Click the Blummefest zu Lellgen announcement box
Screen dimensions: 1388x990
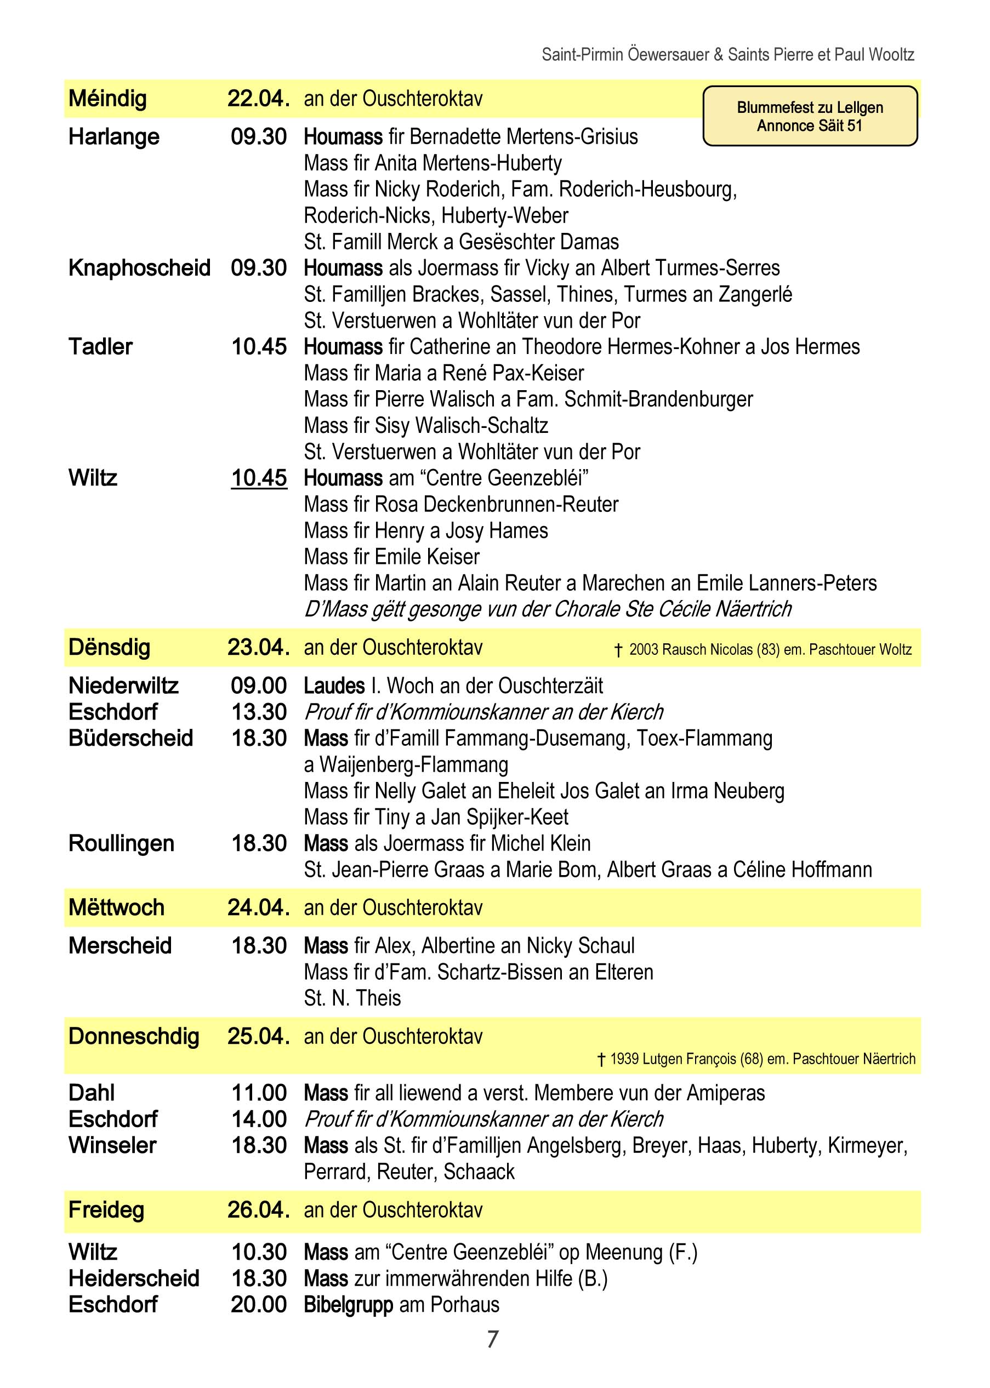(x=810, y=116)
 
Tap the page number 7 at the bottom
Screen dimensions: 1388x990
(x=493, y=1339)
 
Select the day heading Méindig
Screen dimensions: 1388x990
(x=107, y=98)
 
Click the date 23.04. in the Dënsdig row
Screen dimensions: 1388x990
(x=258, y=647)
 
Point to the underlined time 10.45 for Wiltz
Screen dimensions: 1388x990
(x=259, y=478)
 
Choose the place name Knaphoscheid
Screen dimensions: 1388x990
(x=139, y=267)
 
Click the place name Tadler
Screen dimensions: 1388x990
(x=100, y=347)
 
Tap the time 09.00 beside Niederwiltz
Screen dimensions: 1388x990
(x=259, y=686)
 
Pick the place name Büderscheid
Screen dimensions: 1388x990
(x=130, y=738)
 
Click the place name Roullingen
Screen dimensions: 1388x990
(x=121, y=843)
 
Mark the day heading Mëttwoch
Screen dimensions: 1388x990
(x=116, y=907)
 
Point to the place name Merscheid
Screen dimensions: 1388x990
(x=120, y=946)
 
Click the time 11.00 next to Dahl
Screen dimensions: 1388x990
(x=259, y=1093)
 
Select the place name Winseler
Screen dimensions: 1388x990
(x=112, y=1145)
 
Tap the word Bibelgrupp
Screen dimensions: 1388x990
(x=348, y=1305)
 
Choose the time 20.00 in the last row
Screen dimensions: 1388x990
(x=259, y=1305)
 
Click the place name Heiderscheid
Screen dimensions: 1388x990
(x=134, y=1278)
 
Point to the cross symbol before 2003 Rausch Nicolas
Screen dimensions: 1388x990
(x=618, y=650)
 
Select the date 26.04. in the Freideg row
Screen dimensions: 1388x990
(x=258, y=1209)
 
